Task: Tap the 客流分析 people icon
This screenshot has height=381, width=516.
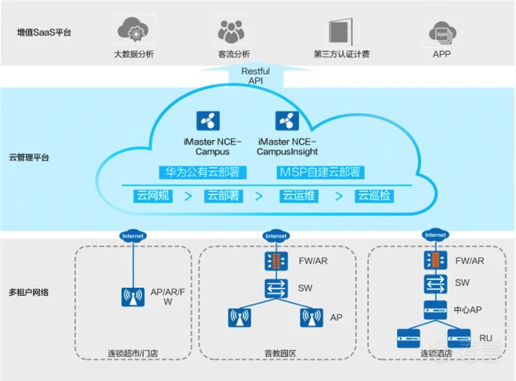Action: pos(231,31)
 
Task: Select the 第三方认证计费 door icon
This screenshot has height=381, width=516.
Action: pos(341,31)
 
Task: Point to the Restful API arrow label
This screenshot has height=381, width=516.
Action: pos(255,75)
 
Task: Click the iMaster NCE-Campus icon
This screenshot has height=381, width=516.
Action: pos(208,121)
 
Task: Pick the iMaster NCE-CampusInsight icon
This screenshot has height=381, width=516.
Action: pos(287,121)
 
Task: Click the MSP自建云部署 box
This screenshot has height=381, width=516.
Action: pos(319,172)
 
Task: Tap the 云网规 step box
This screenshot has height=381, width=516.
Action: pos(154,196)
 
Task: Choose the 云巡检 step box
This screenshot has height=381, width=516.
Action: pos(374,196)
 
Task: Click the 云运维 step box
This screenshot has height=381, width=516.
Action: pos(298,196)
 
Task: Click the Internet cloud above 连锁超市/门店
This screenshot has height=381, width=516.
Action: pos(133,236)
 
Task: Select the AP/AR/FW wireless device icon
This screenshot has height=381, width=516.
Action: pos(133,297)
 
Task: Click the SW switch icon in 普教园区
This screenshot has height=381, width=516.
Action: pos(276,288)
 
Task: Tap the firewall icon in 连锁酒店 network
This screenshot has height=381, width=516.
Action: pos(435,261)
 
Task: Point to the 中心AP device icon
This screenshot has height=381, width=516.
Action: pos(435,308)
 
